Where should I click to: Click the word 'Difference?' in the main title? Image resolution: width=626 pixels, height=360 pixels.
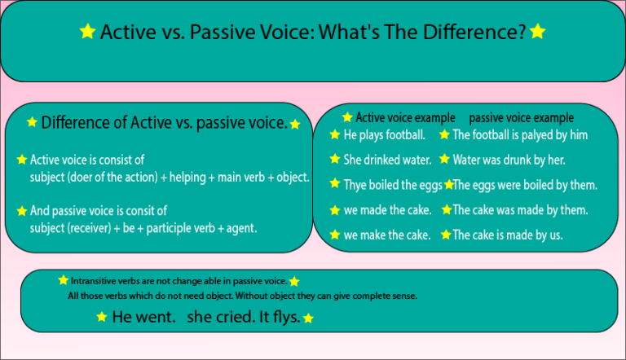point(471,32)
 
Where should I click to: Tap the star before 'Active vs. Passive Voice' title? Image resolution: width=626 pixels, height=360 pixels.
point(87,32)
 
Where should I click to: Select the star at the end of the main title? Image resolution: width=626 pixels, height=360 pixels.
point(537,32)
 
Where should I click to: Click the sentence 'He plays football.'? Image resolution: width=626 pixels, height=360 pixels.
point(384,134)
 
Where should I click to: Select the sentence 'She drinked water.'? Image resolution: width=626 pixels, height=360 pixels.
point(388,160)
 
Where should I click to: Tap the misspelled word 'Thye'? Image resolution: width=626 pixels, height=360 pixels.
point(355,185)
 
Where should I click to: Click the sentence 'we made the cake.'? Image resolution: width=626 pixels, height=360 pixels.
point(387,210)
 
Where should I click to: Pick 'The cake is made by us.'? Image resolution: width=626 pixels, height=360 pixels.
point(507,235)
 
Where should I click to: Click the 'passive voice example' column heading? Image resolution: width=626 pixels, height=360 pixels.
point(521,117)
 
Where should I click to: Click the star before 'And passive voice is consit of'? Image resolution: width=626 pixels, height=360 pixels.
point(22,211)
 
